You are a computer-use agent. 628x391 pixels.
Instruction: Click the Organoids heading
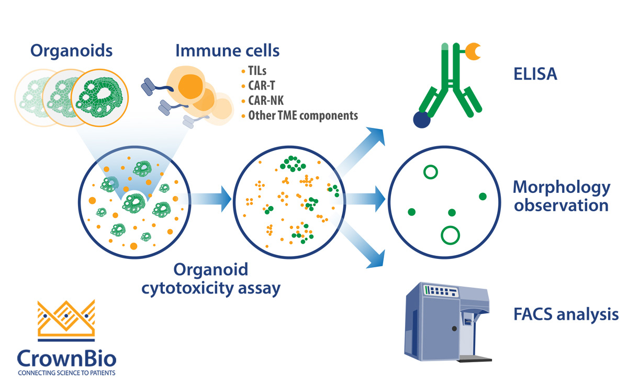tap(71, 51)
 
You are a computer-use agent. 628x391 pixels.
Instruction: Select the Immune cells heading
tap(227, 51)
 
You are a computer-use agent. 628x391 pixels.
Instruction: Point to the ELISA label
tap(534, 74)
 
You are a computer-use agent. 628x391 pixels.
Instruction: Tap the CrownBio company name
tap(66, 359)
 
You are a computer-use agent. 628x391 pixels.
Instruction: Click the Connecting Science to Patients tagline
tap(66, 374)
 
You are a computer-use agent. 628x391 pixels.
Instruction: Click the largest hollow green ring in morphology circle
tap(450, 235)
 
